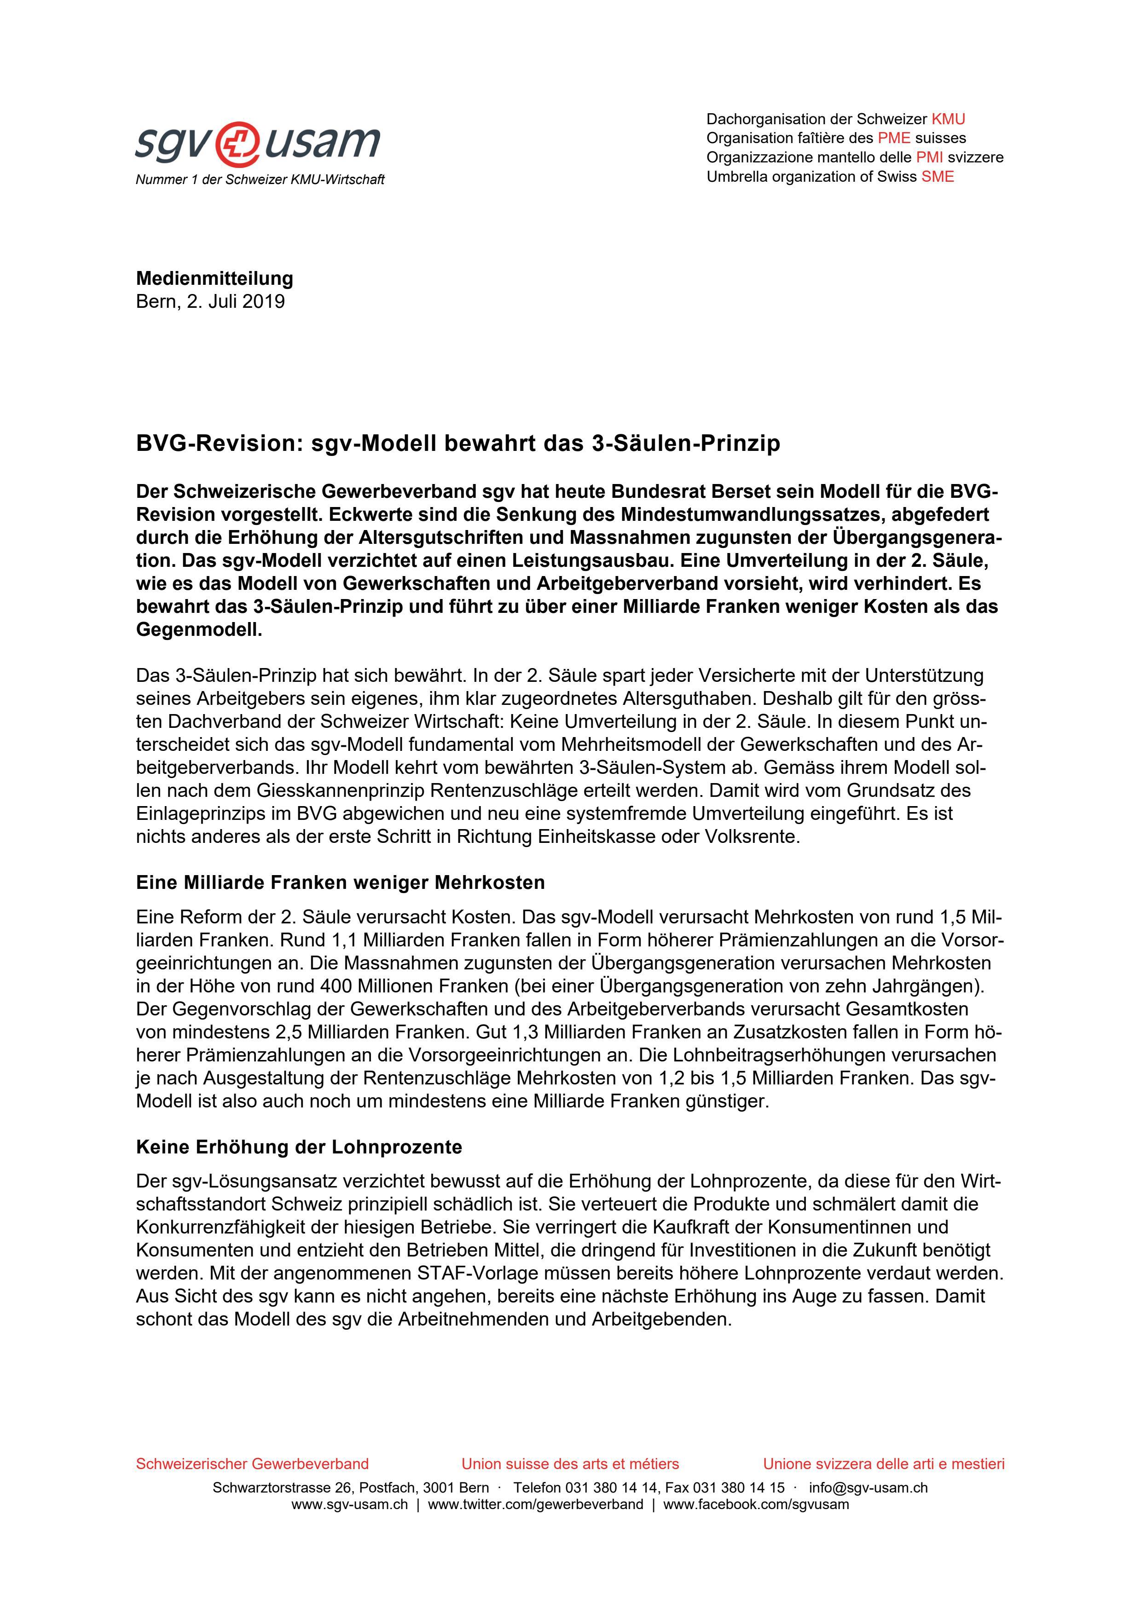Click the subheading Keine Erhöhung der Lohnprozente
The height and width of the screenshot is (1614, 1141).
[x=299, y=1147]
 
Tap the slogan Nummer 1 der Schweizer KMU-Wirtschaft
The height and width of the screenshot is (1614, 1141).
[x=260, y=180]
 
